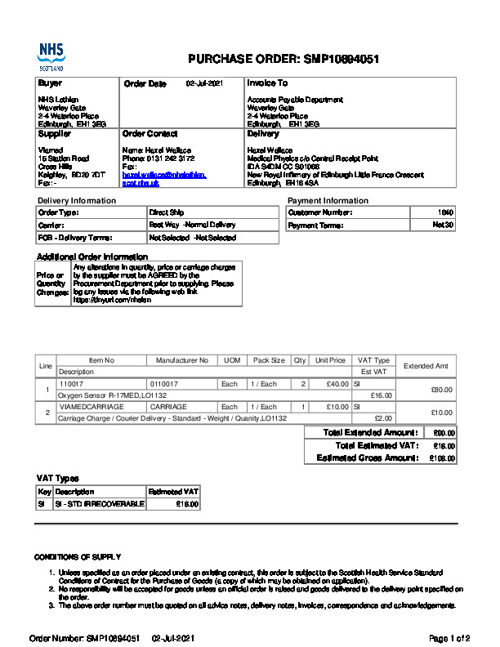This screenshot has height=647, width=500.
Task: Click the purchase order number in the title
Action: click(341, 60)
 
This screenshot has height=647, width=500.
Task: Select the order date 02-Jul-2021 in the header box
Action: click(204, 83)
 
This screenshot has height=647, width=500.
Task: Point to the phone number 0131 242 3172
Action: click(168, 159)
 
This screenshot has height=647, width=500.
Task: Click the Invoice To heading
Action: click(267, 83)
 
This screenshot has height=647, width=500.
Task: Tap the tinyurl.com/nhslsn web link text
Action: click(103, 300)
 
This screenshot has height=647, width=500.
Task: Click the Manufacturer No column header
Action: click(182, 360)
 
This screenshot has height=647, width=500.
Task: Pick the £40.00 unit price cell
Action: click(337, 384)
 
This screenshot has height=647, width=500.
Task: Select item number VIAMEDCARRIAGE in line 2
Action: click(92, 407)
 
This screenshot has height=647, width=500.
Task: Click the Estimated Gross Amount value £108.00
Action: click(443, 458)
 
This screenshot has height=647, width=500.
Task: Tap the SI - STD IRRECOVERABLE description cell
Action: click(99, 504)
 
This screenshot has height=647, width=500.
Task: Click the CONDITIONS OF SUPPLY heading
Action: click(78, 556)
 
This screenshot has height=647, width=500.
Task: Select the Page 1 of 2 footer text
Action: click(449, 636)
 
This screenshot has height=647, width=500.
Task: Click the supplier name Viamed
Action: click(50, 150)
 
